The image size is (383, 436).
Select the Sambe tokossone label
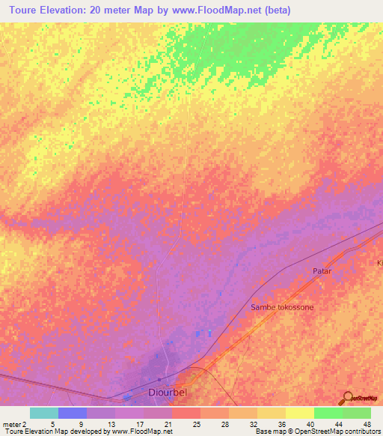(282, 308)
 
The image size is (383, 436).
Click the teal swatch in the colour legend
(44, 413)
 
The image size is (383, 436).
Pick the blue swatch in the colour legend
(73, 413)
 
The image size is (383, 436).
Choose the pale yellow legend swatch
(300, 413)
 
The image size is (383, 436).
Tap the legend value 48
(366, 424)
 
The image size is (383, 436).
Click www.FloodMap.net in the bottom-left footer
(141, 432)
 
